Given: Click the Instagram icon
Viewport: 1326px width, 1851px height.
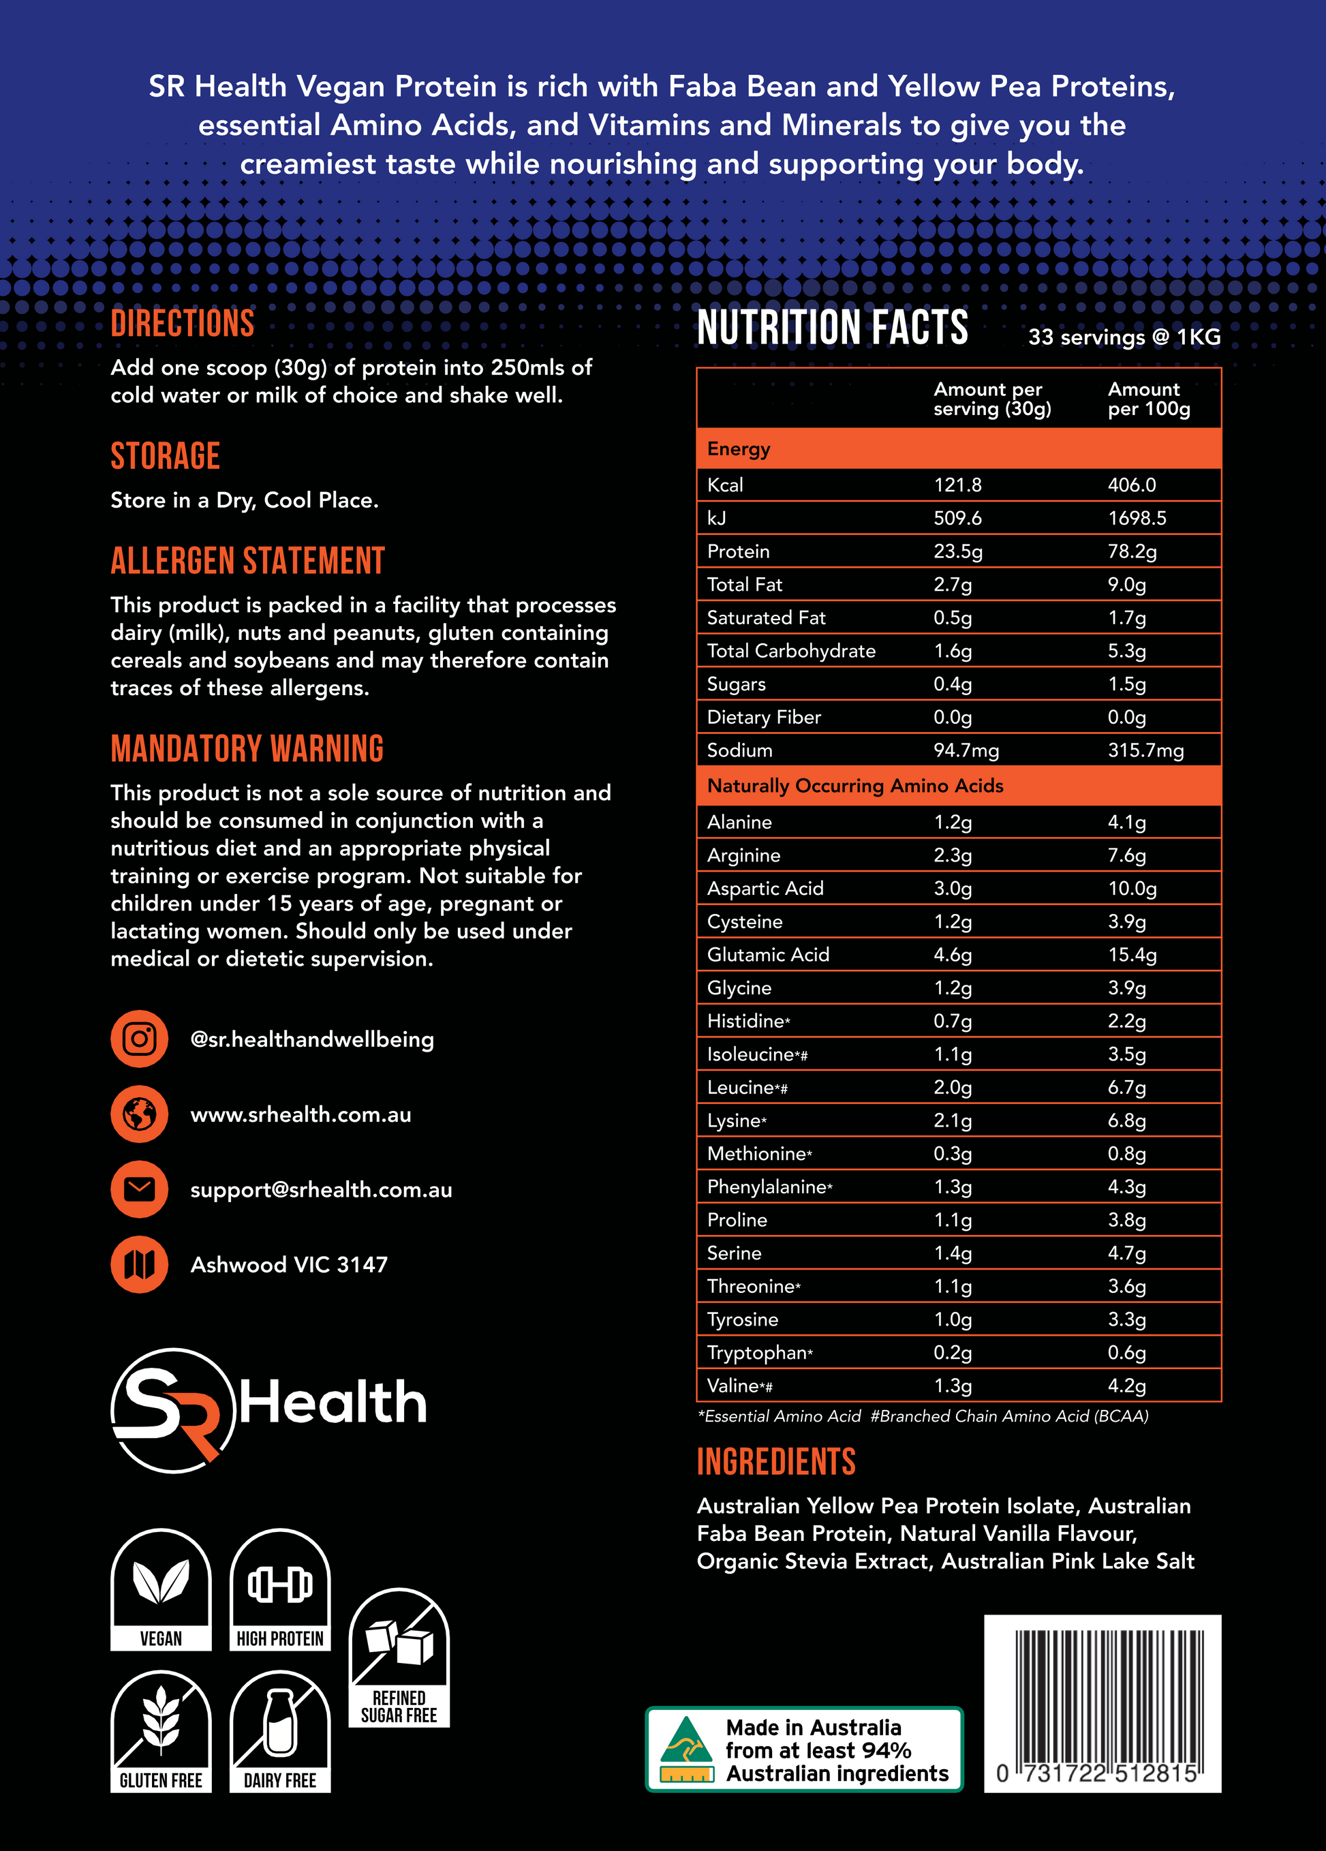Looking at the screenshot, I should (140, 1039).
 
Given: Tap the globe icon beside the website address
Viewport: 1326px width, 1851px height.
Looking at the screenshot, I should (140, 1114).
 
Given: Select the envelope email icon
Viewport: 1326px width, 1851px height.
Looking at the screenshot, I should (140, 1189).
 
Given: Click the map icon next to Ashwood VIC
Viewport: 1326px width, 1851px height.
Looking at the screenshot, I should (140, 1264).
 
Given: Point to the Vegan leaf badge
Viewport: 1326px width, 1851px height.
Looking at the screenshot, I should (161, 1589).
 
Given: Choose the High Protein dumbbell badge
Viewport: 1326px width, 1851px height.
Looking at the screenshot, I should (280, 1589).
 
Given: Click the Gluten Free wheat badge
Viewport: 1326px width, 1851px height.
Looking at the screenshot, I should (161, 1730).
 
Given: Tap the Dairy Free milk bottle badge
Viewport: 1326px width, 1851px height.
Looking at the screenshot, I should (280, 1730).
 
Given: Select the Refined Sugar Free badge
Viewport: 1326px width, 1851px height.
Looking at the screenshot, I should (399, 1657).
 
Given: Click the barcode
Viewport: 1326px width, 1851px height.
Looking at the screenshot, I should (1103, 1702).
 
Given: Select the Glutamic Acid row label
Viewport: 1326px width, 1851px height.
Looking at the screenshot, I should (768, 955).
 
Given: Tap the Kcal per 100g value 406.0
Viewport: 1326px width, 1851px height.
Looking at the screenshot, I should (1132, 485).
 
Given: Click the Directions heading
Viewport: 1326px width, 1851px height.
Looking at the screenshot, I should (182, 324).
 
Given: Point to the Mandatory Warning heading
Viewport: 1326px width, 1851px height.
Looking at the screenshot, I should (247, 749).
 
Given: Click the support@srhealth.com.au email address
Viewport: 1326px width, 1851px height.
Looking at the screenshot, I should (321, 1190).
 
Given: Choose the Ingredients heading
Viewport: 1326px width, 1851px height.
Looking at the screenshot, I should (776, 1462).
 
